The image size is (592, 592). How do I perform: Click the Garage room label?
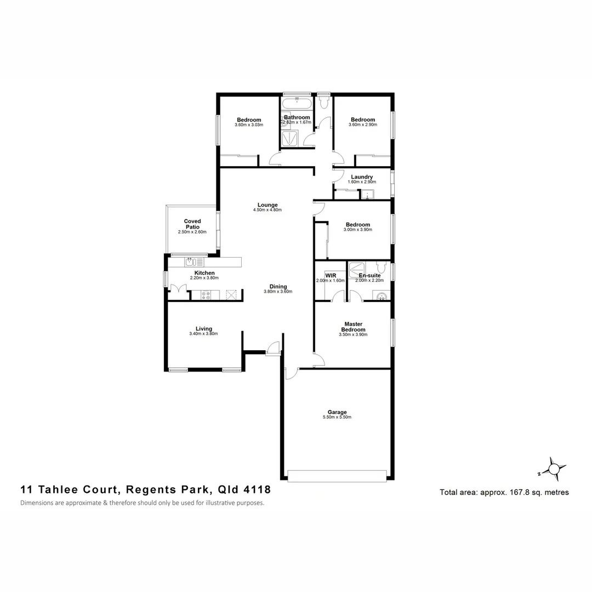tap(337, 412)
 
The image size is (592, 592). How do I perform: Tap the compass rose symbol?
tap(554, 469)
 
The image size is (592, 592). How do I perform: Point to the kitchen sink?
tap(190, 262)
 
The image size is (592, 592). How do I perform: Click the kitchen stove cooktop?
tap(206, 295)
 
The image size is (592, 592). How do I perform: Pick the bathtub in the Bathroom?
tap(297, 104)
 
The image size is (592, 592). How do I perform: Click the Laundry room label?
tap(362, 177)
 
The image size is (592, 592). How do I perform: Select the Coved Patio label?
tap(192, 224)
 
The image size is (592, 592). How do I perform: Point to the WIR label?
tap(330, 275)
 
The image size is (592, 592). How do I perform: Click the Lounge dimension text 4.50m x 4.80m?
tap(267, 210)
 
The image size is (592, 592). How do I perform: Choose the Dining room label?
tap(278, 286)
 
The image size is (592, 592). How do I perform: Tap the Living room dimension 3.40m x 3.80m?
tap(203, 334)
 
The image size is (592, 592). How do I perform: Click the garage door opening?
tap(337, 476)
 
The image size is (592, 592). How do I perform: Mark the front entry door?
tap(272, 349)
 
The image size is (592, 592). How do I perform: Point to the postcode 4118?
tap(257, 489)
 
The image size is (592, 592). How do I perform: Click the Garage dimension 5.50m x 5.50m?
tap(337, 418)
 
